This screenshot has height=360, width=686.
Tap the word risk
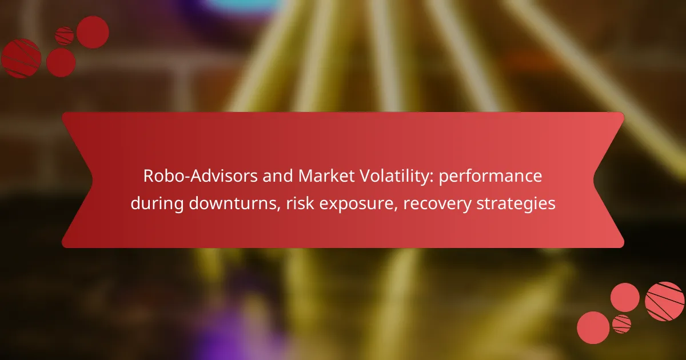tap(297, 204)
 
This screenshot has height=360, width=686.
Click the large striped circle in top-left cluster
tap(21, 58)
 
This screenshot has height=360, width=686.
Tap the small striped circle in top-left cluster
tap(65, 36)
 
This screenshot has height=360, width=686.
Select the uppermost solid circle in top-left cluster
tap(93, 32)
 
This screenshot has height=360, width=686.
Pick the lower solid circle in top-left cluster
tap(61, 62)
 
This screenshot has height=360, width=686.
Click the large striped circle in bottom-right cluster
tap(664, 301)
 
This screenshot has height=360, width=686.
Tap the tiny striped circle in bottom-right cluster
tap(621, 324)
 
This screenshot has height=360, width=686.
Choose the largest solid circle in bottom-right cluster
tap(593, 327)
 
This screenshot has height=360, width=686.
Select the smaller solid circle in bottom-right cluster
tap(625, 297)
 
